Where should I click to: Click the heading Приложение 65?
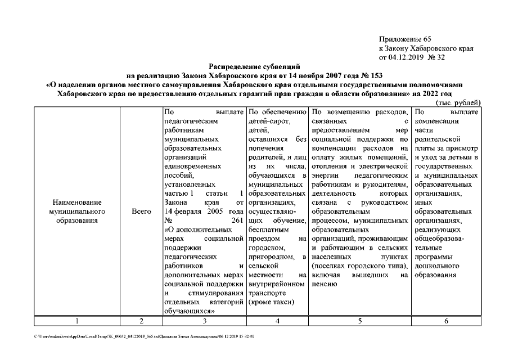point(405,39)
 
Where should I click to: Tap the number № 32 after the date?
point(437,57)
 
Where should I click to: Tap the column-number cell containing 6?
point(446,321)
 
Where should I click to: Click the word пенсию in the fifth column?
point(323,284)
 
